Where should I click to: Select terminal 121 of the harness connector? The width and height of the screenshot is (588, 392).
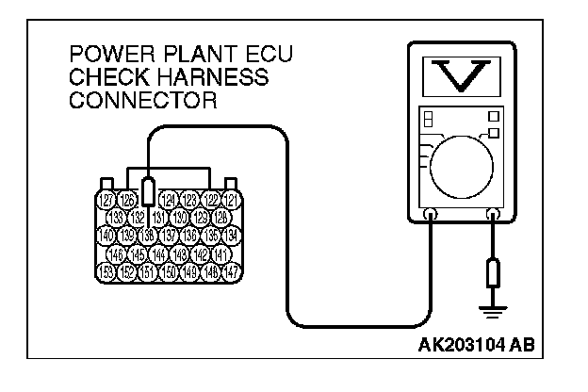point(231,198)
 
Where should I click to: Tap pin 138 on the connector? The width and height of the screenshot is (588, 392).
point(149,235)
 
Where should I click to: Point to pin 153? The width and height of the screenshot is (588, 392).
point(106,271)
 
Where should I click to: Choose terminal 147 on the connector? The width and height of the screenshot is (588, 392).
point(231,271)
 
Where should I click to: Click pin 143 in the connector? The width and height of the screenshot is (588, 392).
point(180,253)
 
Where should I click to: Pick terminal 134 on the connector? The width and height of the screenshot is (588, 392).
point(231,235)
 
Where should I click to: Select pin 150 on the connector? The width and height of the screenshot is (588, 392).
point(169,271)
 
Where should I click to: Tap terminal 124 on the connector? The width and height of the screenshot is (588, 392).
point(169,198)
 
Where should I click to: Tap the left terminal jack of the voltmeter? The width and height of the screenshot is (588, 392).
point(431,215)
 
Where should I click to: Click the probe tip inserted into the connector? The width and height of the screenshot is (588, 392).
point(149,188)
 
